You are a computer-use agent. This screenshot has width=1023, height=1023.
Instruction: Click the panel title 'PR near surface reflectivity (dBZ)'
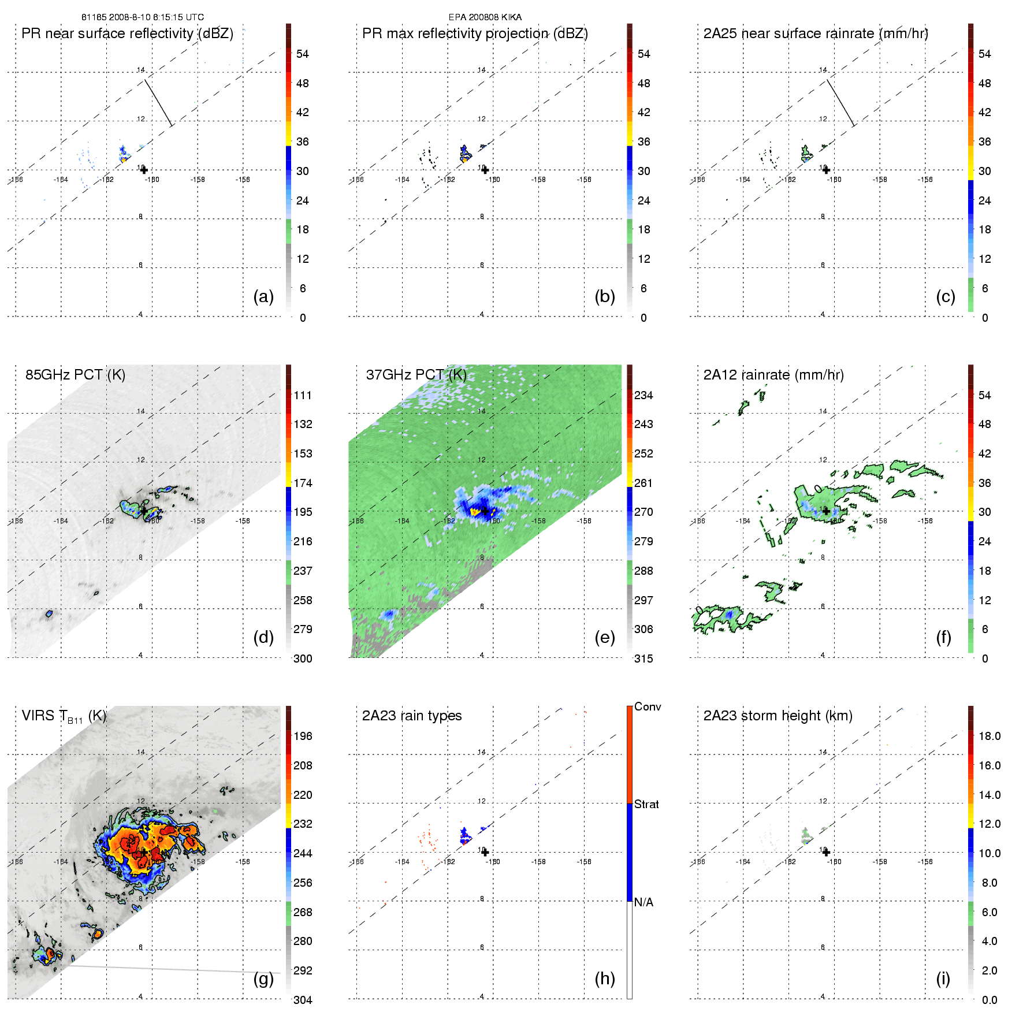click(127, 34)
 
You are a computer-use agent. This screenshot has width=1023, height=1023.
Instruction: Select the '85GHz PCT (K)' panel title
click(75, 375)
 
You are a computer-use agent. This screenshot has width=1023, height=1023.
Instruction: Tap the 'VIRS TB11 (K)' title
click(64, 716)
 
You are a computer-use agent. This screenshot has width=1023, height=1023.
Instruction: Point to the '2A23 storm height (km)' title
click(778, 716)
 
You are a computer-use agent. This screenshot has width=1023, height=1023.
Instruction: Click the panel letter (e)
click(604, 637)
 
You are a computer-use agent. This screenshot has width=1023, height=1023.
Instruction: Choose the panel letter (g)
click(263, 978)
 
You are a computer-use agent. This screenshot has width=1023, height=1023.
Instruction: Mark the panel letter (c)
click(945, 296)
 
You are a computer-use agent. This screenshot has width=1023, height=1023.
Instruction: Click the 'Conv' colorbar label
click(648, 707)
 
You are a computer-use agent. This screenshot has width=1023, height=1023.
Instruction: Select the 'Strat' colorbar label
click(646, 804)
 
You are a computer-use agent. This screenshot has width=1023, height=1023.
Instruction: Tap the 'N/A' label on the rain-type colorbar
click(643, 902)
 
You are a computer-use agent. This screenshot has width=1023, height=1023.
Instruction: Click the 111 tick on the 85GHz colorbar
click(303, 396)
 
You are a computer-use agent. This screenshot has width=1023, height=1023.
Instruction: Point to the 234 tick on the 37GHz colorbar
click(643, 396)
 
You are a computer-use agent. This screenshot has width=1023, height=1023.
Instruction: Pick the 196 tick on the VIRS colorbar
click(303, 736)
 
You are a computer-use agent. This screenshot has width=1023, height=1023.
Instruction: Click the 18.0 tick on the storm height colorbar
click(989, 736)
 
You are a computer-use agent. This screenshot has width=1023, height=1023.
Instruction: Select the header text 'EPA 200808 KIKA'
click(485, 17)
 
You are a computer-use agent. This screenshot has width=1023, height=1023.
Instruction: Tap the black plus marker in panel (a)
click(144, 170)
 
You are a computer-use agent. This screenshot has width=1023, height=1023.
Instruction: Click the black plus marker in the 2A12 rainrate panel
click(826, 511)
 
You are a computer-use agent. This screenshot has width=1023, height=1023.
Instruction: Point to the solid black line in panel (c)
click(840, 103)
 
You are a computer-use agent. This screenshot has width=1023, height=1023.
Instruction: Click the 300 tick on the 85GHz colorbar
click(303, 659)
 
